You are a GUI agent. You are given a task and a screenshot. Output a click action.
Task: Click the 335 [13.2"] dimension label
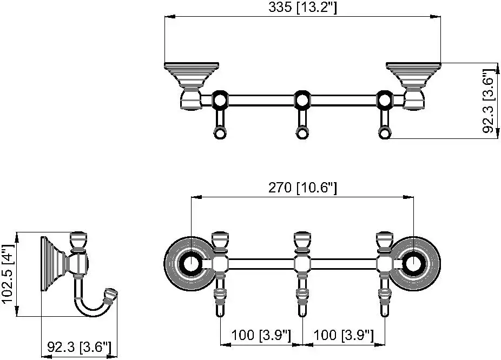click(x=302, y=7)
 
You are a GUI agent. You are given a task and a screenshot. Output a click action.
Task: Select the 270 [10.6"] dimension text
click(x=302, y=188)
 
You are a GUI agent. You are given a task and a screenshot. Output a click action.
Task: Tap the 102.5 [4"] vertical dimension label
click(x=8, y=275)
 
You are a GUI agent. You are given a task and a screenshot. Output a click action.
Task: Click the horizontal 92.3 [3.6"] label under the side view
click(x=79, y=347)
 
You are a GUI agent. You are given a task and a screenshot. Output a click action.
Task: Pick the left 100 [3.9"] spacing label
click(x=261, y=335)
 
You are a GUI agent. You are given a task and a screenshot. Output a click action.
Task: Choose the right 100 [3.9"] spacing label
click(x=344, y=335)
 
